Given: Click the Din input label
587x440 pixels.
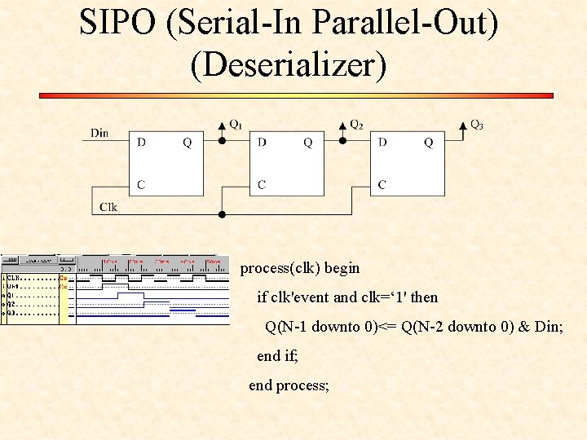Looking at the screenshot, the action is [x=99, y=133].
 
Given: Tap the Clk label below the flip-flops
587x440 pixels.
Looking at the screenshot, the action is [x=108, y=207].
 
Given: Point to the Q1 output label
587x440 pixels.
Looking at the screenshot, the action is [x=235, y=125].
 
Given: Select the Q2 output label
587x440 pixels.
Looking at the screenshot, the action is [x=356, y=125].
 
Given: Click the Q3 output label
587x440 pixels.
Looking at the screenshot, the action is [x=477, y=125].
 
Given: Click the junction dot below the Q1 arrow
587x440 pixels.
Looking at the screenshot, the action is [x=223, y=140].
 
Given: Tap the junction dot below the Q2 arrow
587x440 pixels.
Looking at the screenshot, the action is [x=343, y=140].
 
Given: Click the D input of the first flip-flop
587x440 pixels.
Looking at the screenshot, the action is [x=142, y=143].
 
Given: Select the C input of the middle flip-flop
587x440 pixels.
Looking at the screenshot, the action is [x=262, y=185].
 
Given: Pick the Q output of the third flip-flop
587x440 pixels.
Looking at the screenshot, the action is [x=429, y=143].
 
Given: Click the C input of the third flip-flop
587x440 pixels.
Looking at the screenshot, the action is [x=382, y=185].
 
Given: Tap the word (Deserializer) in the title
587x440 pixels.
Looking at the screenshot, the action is [x=289, y=65].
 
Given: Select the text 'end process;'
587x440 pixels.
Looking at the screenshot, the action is [x=289, y=385].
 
